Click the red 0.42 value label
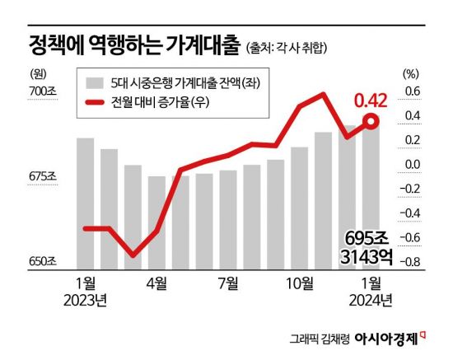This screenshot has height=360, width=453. click(371, 101)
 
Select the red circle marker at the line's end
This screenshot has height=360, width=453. click(371, 122)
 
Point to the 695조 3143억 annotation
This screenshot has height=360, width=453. click(365, 247)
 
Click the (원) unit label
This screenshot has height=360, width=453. click(35, 73)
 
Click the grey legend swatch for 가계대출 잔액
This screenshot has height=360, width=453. click(96, 82)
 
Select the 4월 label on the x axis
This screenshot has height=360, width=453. click(157, 284)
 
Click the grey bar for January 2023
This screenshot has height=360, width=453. click(85, 203)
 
